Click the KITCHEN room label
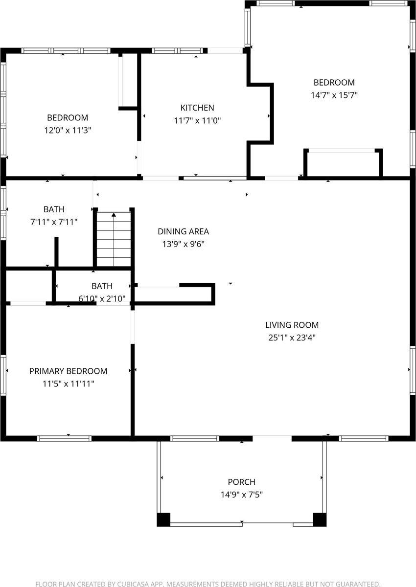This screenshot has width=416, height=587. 197,108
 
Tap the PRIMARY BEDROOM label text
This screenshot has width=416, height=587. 68,371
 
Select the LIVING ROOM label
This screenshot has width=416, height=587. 292,325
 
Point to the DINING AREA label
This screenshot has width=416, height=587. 183,232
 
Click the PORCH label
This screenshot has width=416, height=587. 241,482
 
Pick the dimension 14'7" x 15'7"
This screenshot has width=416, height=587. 334,95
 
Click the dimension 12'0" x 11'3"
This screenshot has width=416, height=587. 68,131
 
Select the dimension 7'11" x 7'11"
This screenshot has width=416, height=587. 54,222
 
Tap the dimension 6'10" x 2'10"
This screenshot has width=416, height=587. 102,298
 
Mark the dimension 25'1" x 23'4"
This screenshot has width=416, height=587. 292,338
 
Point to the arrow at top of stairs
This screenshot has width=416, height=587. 114,214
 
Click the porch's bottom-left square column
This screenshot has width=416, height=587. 163,519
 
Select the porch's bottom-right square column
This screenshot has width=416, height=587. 320,519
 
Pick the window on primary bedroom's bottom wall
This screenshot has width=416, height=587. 65,438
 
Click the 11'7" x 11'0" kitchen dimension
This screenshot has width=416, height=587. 197,120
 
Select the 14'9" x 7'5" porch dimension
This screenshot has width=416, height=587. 241,495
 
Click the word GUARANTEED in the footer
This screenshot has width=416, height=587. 356,584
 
